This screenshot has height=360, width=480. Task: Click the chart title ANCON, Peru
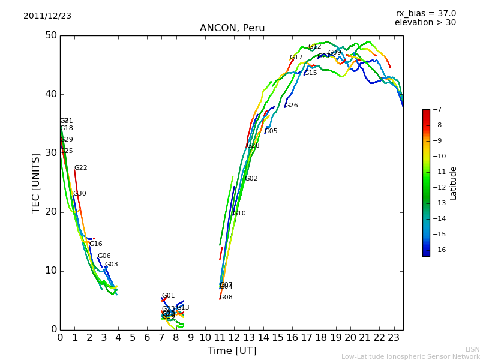pyautogui.click(x=232, y=28)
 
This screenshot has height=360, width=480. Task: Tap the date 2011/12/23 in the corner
pyautogui.click(x=47, y=16)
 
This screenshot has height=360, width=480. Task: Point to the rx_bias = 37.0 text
pyautogui.click(x=425, y=13)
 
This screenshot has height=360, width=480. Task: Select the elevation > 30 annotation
pyautogui.click(x=425, y=23)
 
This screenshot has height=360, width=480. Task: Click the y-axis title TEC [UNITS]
pyautogui.click(x=36, y=182)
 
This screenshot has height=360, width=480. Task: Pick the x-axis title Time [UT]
pyautogui.click(x=232, y=351)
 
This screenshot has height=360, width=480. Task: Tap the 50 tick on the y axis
pyautogui.click(x=50, y=35)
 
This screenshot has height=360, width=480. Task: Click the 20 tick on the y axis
pyautogui.click(x=50, y=212)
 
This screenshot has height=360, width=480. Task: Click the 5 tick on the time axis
pyautogui.click(x=133, y=338)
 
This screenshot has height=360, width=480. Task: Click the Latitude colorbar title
pyautogui.click(x=454, y=183)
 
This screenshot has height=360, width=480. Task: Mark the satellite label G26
pyautogui.click(x=291, y=106)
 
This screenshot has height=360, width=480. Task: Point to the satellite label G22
pyautogui.click(x=81, y=168)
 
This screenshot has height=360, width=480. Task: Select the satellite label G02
pyautogui.click(x=251, y=179)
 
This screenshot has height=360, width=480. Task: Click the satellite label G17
pyautogui.click(x=296, y=58)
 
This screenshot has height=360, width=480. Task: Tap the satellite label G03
pyautogui.click(x=112, y=265)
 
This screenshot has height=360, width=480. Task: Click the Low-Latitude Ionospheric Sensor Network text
pyautogui.click(x=410, y=357)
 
